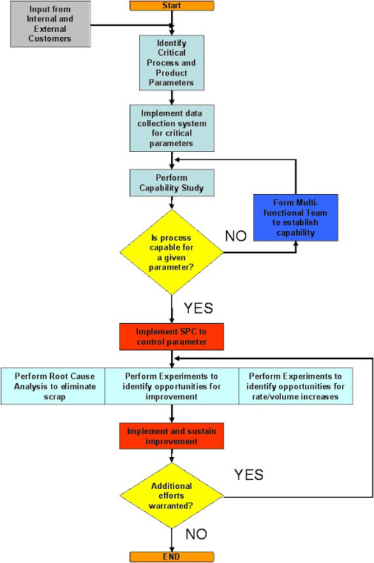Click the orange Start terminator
[172, 6]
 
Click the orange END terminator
[172, 556]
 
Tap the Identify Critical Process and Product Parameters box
[172, 62]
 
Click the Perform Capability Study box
[172, 183]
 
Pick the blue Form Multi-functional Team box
[295, 217]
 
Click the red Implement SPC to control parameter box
[172, 336]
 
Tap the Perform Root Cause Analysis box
[53, 385]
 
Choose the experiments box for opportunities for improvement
[172, 385]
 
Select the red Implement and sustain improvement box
[172, 436]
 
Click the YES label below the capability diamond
[199, 307]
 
